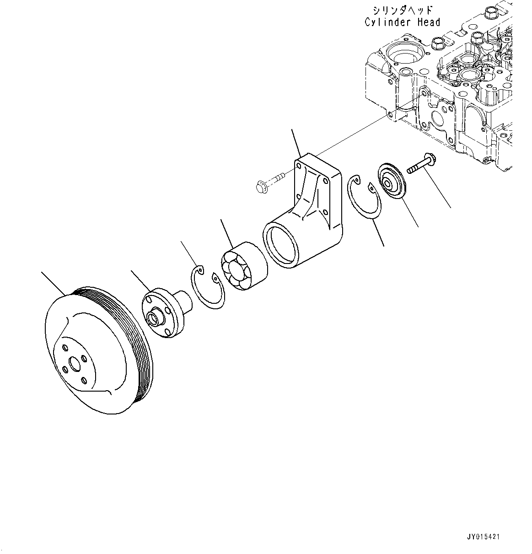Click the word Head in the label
[x=429, y=22]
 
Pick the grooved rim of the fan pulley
[x=137, y=329]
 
